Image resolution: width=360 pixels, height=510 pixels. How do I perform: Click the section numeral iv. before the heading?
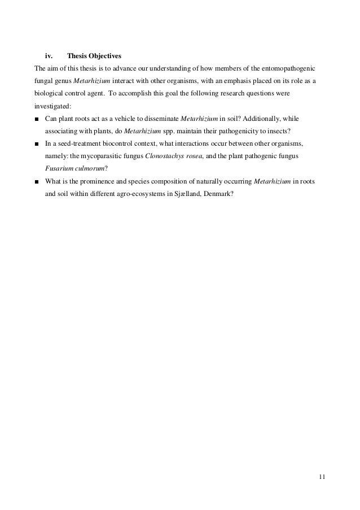49,56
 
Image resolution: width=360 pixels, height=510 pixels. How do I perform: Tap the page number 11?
322,478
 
